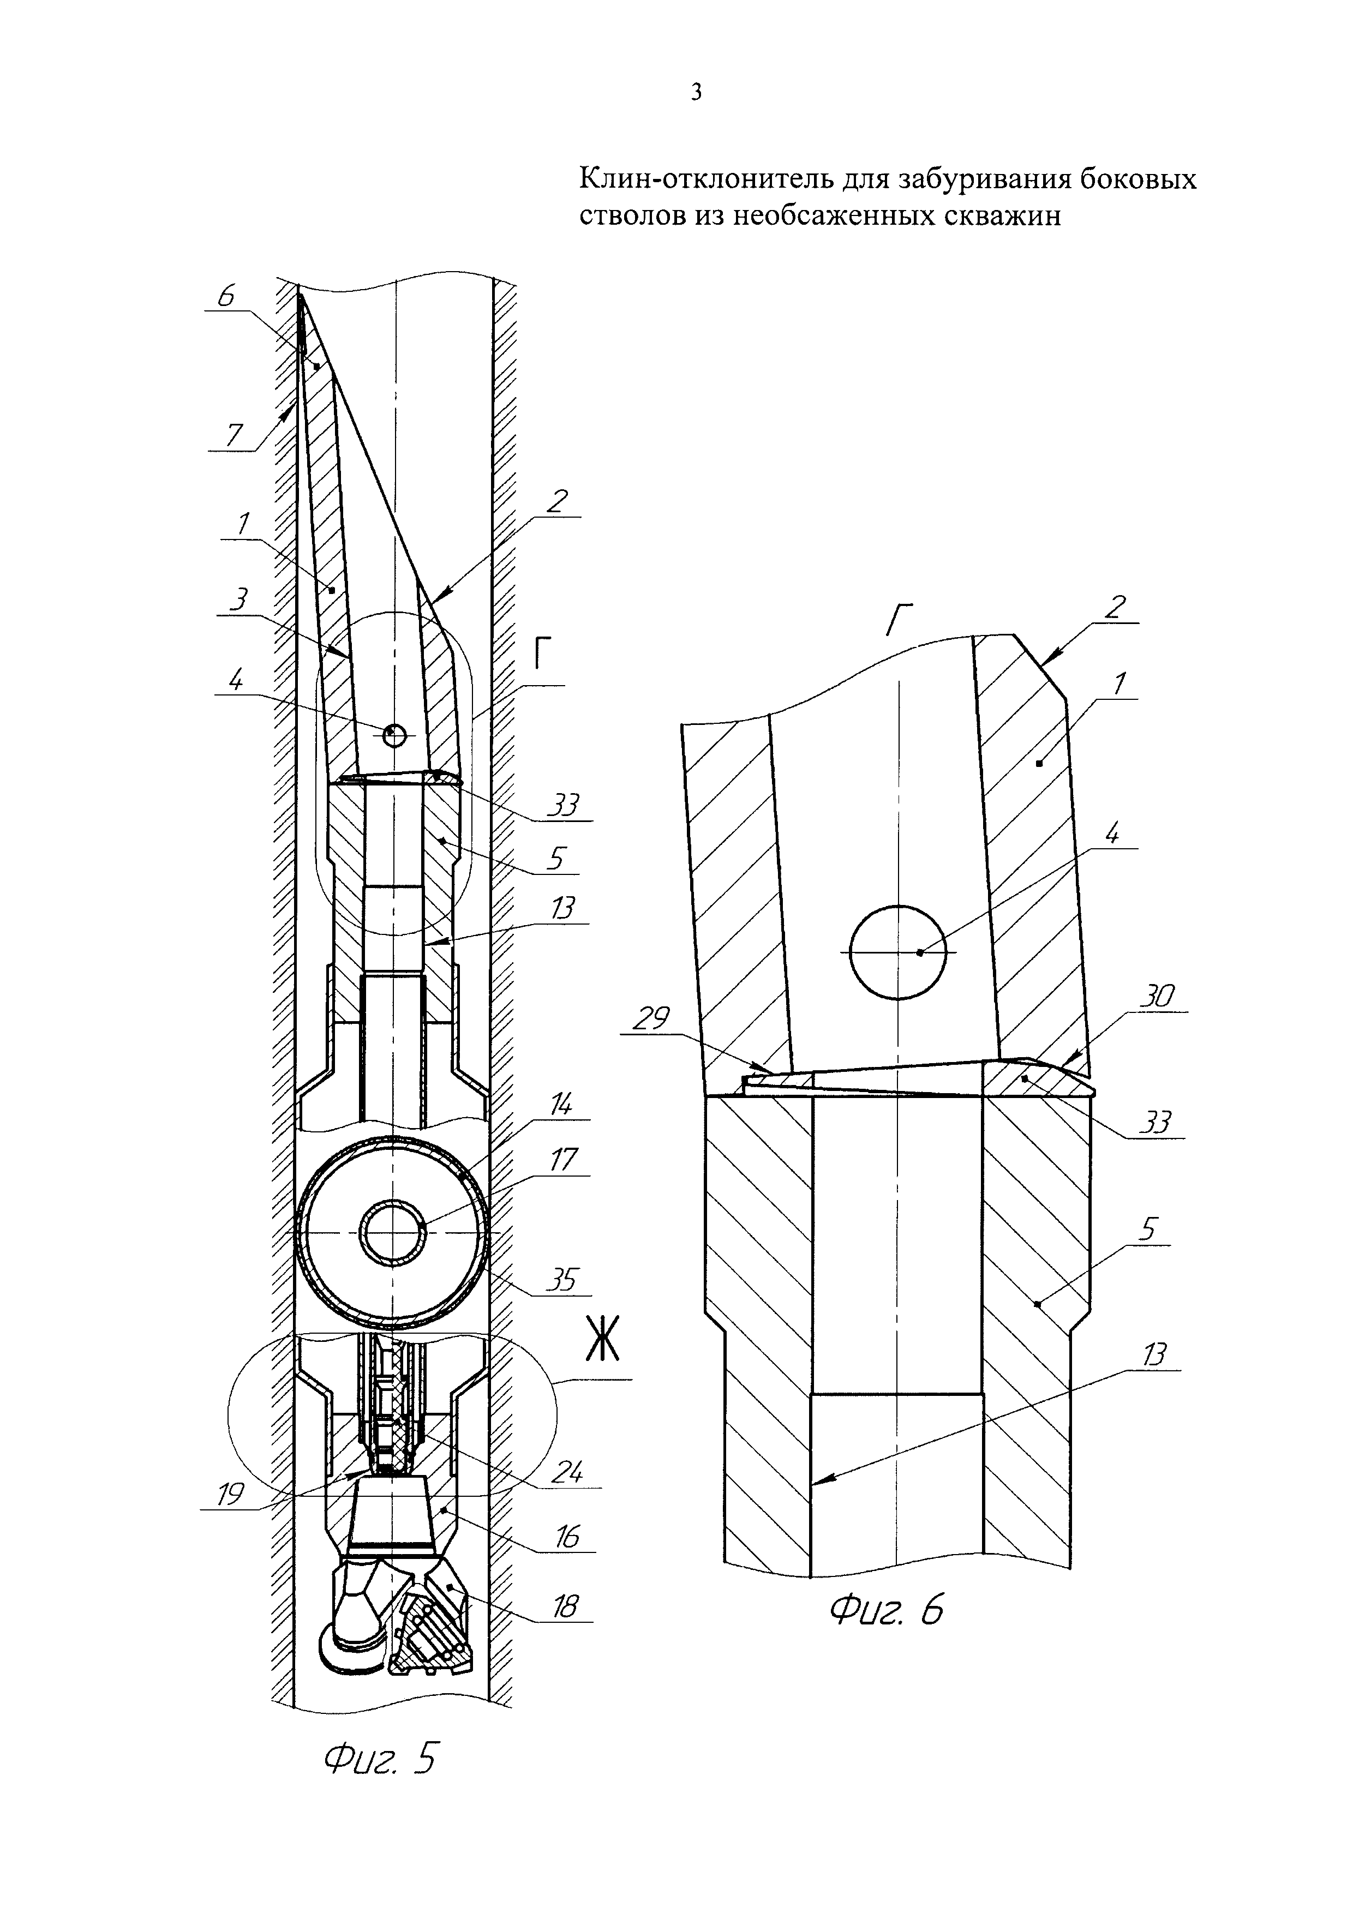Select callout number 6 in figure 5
226,297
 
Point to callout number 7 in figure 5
234,435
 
